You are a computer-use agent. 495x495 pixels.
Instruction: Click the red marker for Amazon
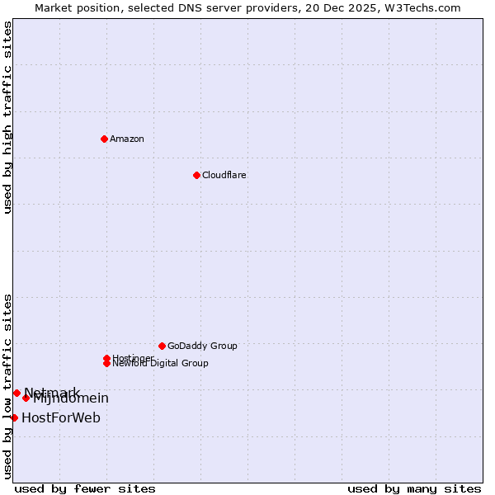(x=104, y=139)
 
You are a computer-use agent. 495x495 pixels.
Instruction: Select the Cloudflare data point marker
(x=196, y=175)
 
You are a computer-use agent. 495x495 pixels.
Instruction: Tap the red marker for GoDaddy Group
(x=162, y=346)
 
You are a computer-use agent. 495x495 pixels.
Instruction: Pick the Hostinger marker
(x=106, y=358)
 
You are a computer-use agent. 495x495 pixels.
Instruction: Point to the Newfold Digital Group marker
(x=107, y=364)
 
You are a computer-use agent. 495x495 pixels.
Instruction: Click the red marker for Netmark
(x=16, y=393)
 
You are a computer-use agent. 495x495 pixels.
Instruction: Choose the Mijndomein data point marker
(x=26, y=398)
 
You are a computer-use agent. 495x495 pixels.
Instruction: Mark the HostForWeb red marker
(x=14, y=417)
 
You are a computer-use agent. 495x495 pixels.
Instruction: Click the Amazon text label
(x=127, y=139)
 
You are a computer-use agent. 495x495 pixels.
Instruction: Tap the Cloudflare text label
(x=224, y=175)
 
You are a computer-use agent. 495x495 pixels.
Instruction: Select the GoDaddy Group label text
(x=202, y=346)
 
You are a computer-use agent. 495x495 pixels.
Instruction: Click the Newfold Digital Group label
(x=161, y=364)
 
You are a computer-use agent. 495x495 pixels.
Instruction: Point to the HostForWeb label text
(x=61, y=417)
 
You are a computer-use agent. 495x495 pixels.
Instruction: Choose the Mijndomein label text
(x=71, y=399)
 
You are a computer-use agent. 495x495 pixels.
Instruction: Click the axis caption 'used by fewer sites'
(x=85, y=488)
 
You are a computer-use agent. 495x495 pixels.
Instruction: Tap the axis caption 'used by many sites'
(x=414, y=488)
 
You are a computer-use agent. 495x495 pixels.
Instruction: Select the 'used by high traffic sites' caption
(x=7, y=117)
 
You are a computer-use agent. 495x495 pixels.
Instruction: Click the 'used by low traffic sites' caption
(x=7, y=385)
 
